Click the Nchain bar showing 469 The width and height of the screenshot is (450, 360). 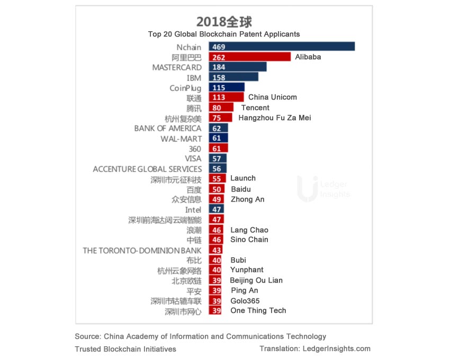pyautogui.click(x=282, y=47)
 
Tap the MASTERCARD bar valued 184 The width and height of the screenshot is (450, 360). pyautogui.click(x=238, y=67)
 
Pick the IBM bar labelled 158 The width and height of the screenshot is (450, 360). pyautogui.click(x=233, y=77)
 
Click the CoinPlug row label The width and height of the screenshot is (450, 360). pyautogui.click(x=185, y=88)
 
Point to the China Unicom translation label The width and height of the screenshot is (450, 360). pyautogui.click(x=273, y=97)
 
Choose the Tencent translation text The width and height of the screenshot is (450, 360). pyautogui.click(x=255, y=107)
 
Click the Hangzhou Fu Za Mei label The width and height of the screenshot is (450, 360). pyautogui.click(x=275, y=118)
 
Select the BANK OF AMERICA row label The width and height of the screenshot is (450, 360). pyautogui.click(x=168, y=128)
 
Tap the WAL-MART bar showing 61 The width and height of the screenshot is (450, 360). pyautogui.click(x=219, y=138)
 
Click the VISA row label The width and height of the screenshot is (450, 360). pyautogui.click(x=193, y=158)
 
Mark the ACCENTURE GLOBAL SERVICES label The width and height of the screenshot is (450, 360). pyautogui.click(x=147, y=169)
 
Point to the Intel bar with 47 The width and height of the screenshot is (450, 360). pyautogui.click(x=217, y=210)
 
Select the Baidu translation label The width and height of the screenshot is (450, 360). pyautogui.click(x=241, y=189)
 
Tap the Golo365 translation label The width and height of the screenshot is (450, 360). pyautogui.click(x=245, y=301)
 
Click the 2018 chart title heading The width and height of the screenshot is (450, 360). pyautogui.click(x=224, y=22)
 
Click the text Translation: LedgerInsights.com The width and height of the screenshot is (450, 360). pyautogui.click(x=315, y=349)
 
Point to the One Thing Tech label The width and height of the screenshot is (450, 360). pyautogui.click(x=258, y=311)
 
